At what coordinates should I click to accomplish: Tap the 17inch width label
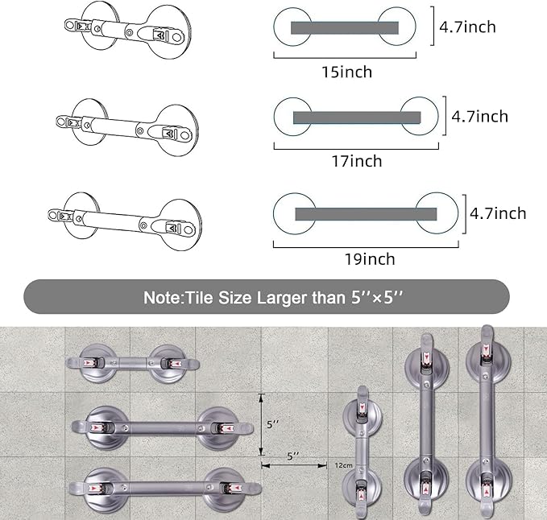355,161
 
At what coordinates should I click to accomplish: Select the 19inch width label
368,258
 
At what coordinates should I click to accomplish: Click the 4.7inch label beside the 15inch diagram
467,27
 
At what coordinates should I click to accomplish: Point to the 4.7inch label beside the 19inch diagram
498,213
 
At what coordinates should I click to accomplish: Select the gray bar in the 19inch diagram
366,213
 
